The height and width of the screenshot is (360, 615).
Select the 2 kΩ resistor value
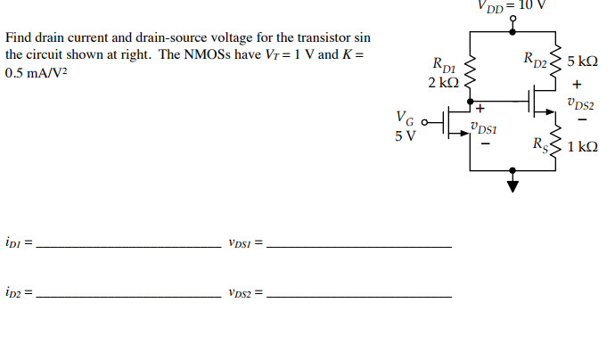tap(442, 82)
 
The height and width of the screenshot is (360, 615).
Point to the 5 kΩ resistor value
tap(581, 63)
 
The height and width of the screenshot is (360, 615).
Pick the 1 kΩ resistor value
tap(581, 146)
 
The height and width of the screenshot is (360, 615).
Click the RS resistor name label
tap(540, 144)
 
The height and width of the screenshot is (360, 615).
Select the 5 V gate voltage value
tap(405, 136)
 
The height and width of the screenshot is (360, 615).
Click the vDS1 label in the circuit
tap(482, 129)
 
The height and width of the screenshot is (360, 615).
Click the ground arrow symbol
tap(512, 186)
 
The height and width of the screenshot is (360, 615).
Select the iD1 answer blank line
tap(126, 246)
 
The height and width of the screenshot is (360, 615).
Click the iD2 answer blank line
tap(126, 295)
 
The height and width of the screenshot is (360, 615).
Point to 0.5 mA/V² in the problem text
tap(36, 73)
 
